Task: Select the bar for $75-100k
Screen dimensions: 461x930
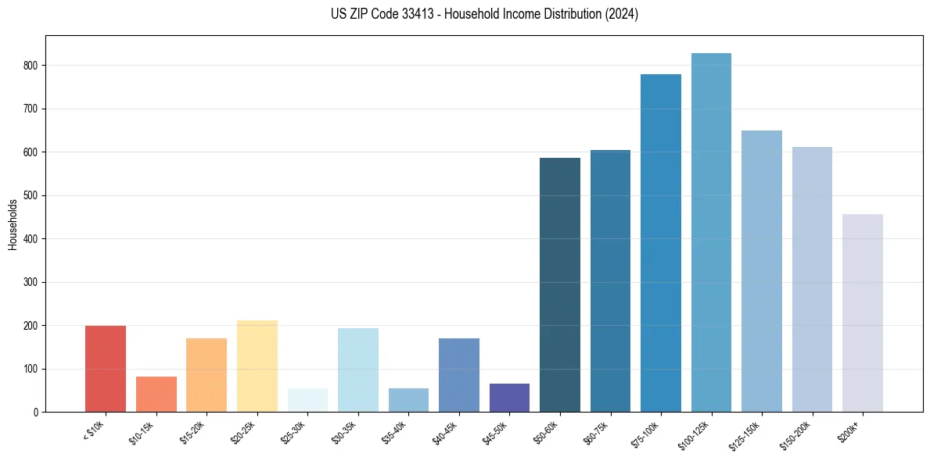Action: click(x=661, y=243)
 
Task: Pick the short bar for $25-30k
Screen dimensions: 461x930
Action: click(x=307, y=400)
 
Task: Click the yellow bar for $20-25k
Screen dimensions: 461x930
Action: click(x=257, y=366)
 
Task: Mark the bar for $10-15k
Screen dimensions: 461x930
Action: click(x=156, y=395)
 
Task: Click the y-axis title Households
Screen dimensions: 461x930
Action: click(x=13, y=223)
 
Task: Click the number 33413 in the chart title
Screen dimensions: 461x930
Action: click(x=412, y=14)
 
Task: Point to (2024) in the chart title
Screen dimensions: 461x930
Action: click(x=621, y=14)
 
